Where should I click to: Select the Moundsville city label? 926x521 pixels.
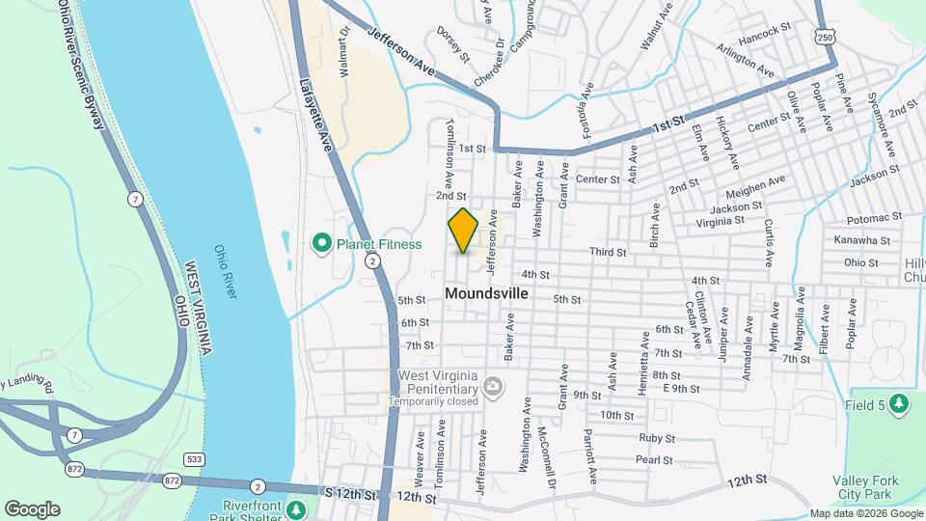487,292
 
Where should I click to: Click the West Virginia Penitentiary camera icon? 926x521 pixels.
494,387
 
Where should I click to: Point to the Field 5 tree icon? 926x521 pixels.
899,403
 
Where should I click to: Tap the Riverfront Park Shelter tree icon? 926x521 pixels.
297,508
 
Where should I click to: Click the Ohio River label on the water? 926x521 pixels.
226,271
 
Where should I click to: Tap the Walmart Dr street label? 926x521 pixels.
343,51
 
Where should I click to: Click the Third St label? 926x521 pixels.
609,253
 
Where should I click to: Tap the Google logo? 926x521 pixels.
32,509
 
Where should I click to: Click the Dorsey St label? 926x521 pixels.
451,44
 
